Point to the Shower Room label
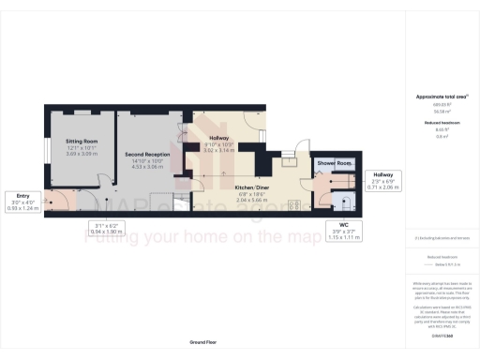(x=334, y=164)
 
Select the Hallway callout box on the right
(x=384, y=181)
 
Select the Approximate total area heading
(x=441, y=97)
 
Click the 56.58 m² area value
(x=441, y=111)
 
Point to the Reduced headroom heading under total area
(x=441, y=123)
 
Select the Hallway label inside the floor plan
(x=217, y=138)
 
